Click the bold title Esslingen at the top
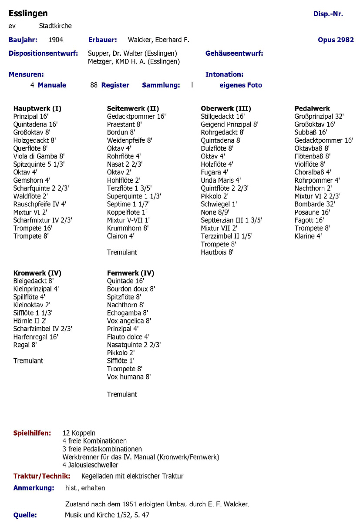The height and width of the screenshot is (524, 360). [28, 13]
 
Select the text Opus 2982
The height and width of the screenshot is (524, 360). [336, 40]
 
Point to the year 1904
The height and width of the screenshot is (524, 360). [56, 40]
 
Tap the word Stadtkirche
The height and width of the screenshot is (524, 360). [55, 26]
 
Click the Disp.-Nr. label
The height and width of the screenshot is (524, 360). [328, 14]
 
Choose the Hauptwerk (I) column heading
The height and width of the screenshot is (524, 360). [37, 108]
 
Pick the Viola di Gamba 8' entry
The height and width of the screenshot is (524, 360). [39, 156]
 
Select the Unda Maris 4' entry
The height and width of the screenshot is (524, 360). [221, 180]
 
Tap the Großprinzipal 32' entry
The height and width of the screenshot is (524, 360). [319, 116]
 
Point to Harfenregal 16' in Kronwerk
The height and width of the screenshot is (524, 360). [36, 337]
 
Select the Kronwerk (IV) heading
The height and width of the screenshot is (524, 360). [37, 273]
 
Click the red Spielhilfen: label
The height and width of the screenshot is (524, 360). [32, 433]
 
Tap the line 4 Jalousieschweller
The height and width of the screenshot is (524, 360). [90, 465]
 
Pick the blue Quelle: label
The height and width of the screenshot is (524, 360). [25, 515]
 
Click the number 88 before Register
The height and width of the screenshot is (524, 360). [94, 85]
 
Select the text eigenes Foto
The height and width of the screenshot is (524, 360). [241, 85]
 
